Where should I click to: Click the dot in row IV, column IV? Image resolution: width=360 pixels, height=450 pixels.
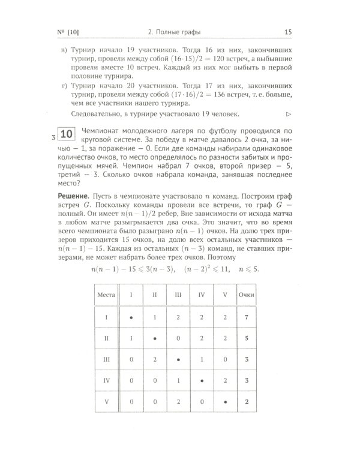(202, 380)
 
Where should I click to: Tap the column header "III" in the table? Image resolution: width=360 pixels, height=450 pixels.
(178, 294)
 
